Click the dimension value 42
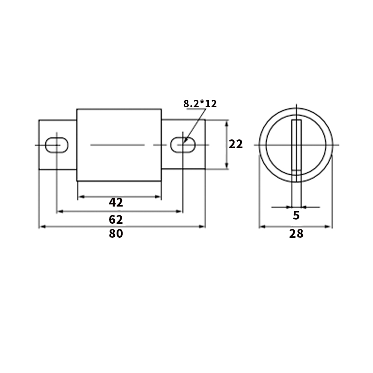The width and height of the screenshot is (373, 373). click(116, 202)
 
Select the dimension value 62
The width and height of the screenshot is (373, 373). click(116, 219)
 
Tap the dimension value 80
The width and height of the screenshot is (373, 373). click(116, 234)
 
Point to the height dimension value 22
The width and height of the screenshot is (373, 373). click(236, 145)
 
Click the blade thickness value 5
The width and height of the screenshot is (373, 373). click(296, 215)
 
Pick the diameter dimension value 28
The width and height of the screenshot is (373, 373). click(296, 234)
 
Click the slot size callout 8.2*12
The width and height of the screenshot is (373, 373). click(200, 104)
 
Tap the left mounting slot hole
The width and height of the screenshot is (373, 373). click(57, 145)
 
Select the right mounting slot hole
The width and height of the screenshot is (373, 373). click(182, 145)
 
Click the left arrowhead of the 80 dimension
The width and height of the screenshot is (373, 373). click(41, 227)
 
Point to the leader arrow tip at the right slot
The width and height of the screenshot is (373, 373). click(185, 141)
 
